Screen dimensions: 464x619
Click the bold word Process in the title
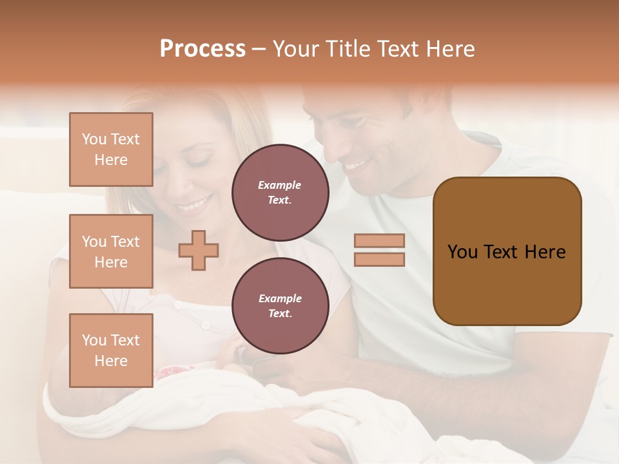(x=202, y=49)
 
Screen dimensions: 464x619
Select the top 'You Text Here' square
(x=111, y=150)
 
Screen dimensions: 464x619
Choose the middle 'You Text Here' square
(x=111, y=251)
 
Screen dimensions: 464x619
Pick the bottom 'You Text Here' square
(x=111, y=351)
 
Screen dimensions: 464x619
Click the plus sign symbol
(x=199, y=250)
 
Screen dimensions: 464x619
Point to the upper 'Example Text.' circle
(x=280, y=192)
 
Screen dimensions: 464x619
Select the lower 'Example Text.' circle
(x=280, y=305)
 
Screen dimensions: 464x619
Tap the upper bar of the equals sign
(x=379, y=241)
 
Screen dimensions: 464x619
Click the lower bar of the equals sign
(x=379, y=259)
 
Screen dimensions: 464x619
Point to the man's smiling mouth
(x=355, y=166)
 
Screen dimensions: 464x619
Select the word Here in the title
(x=449, y=49)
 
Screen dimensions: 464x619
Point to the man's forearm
(x=387, y=387)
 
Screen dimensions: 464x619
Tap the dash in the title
(x=259, y=49)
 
